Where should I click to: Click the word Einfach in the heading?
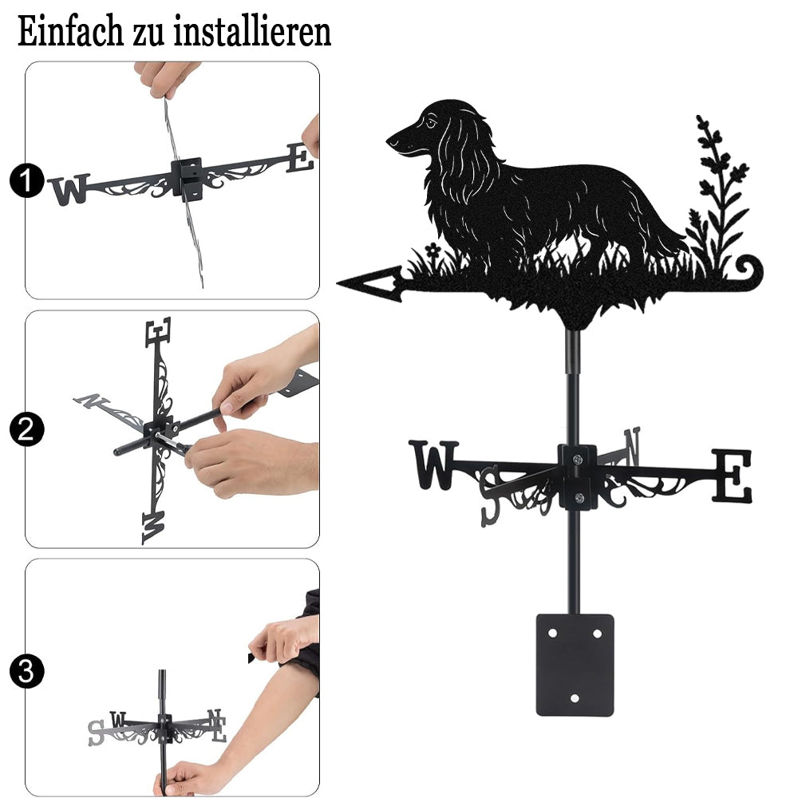pos(70,32)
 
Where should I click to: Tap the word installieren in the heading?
pos(252,32)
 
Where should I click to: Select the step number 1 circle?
pos(27,180)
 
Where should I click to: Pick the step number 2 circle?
pos(27,429)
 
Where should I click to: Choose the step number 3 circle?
pos(27,671)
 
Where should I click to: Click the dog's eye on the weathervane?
pos(432,122)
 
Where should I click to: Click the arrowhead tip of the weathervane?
pos(338,282)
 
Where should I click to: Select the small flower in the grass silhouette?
pos(433,250)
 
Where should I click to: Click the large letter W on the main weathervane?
pos(434,465)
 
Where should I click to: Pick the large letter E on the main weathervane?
pos(731,476)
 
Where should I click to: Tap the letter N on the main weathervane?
pos(633,446)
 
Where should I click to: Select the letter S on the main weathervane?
pos(491,496)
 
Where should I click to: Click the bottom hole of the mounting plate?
pos(575,698)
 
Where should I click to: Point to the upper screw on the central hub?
pos(578,460)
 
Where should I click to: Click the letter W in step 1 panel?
pos(69,189)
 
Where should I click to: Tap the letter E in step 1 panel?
pos(300,157)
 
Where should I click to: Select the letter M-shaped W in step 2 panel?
pos(154,527)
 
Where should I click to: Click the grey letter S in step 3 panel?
pos(96,733)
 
